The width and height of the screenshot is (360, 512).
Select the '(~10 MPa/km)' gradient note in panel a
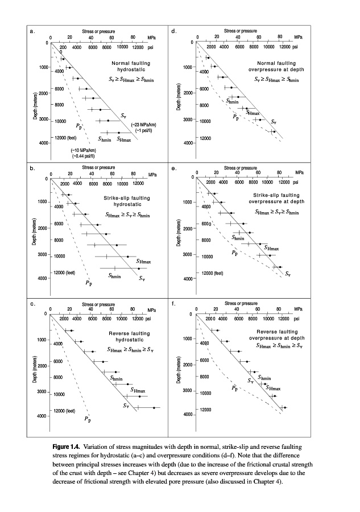coord(82,149)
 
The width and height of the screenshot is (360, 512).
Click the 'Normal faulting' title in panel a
coord(129,63)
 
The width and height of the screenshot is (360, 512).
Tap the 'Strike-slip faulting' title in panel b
coord(128,197)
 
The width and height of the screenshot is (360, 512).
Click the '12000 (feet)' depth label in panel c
coord(66,410)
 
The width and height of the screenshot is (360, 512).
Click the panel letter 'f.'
coord(173,304)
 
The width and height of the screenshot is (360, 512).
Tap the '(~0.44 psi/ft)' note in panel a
coord(82,155)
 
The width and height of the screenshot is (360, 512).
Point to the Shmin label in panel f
coord(265,377)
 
